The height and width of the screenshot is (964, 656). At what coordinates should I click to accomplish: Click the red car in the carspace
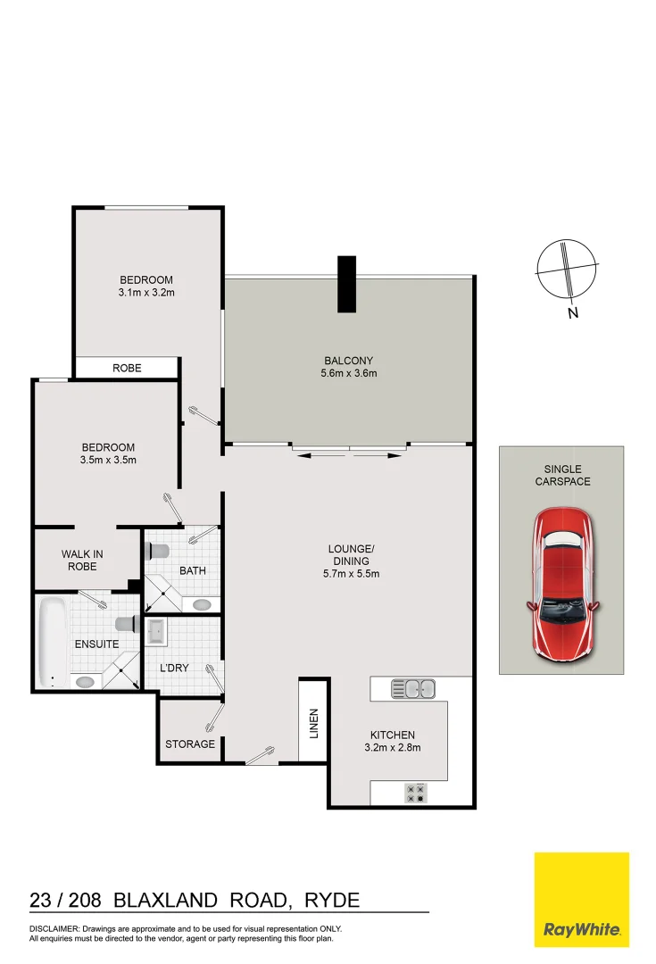563,585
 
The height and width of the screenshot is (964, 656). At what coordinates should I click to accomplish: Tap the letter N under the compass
572,312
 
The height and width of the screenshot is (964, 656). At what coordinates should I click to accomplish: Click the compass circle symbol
565,269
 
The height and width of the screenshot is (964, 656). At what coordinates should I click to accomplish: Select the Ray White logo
581,900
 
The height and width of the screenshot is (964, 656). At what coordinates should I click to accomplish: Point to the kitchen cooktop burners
416,792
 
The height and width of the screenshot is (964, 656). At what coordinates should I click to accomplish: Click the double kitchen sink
413,688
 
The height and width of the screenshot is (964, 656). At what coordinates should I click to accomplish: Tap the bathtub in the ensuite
53,635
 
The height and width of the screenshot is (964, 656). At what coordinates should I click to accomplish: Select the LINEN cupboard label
313,723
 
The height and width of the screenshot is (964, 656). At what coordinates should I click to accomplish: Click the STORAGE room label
190,744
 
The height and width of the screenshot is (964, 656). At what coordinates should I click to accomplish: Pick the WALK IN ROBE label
82,560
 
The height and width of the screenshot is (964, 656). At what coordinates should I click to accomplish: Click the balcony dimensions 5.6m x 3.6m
349,373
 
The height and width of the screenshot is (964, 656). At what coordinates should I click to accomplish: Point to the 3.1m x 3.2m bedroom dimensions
145,292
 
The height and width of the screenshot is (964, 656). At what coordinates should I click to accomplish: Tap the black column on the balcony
346,284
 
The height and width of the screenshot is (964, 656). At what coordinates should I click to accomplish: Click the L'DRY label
174,668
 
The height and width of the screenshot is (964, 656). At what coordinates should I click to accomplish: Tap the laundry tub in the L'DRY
155,632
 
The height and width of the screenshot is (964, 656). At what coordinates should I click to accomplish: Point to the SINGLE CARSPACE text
562,475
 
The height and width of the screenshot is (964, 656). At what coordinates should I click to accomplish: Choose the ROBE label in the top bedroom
127,368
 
